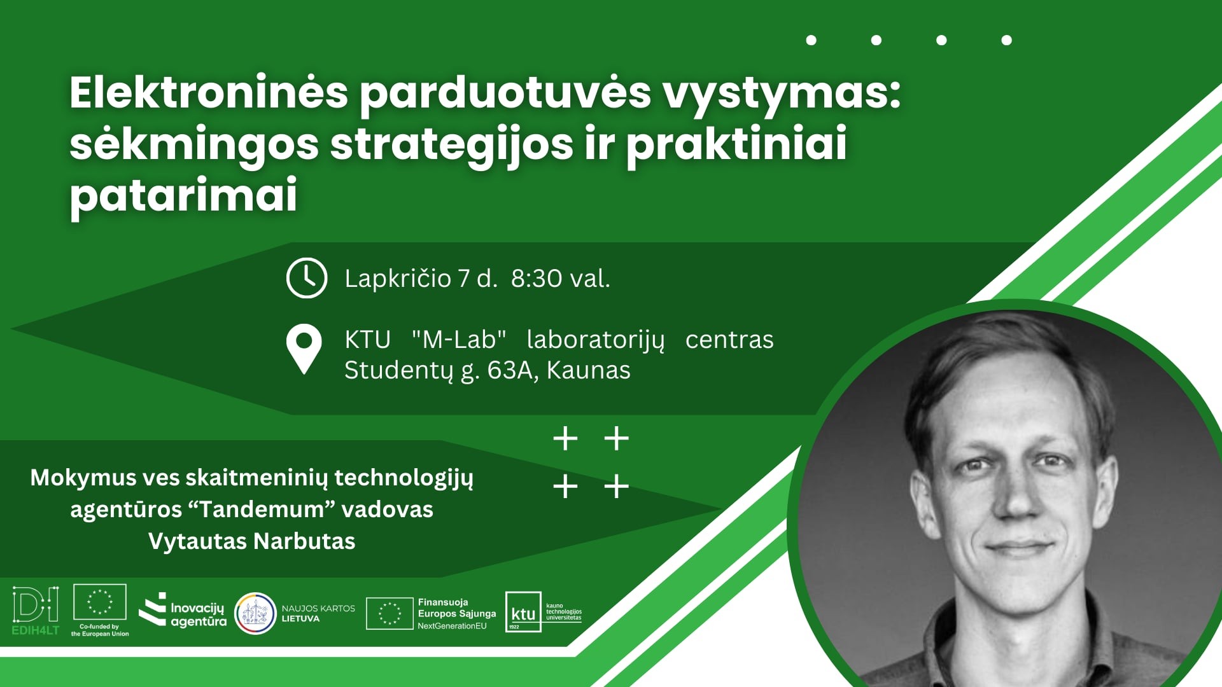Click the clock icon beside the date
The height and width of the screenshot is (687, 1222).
[x=307, y=278]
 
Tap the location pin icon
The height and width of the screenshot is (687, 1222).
[x=304, y=349]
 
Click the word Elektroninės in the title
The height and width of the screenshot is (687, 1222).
[x=209, y=93]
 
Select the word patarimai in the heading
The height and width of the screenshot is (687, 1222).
[x=183, y=194]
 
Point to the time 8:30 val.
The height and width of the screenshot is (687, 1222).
[x=561, y=279]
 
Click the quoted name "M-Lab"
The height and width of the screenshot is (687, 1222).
[x=459, y=340]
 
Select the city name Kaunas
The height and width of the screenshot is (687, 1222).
[x=589, y=370]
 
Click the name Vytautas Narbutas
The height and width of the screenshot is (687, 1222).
[x=252, y=541]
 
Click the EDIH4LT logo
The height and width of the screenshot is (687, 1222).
[x=36, y=611]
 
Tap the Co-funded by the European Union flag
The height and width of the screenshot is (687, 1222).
[x=100, y=602]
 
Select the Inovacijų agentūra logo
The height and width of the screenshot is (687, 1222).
[x=183, y=611]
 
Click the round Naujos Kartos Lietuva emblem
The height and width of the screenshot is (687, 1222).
[x=255, y=613]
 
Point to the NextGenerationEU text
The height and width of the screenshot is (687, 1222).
[x=452, y=626]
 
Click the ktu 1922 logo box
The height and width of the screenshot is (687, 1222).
[x=523, y=612]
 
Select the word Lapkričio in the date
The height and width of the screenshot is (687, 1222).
[x=398, y=279]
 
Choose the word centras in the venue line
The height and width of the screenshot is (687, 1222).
[x=729, y=340]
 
